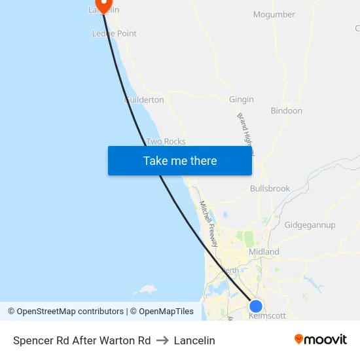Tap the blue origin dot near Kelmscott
256,306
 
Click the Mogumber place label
274,14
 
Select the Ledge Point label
115,33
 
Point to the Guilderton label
144,99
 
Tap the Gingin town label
242,99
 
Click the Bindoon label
287,111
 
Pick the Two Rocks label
166,141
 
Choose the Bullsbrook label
270,189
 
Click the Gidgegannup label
310,225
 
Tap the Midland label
264,251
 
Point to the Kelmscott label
268,315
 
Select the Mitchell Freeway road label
208,223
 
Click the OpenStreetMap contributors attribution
65,312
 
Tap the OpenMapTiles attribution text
162,312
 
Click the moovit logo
321,339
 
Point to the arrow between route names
162,340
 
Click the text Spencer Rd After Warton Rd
82,340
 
